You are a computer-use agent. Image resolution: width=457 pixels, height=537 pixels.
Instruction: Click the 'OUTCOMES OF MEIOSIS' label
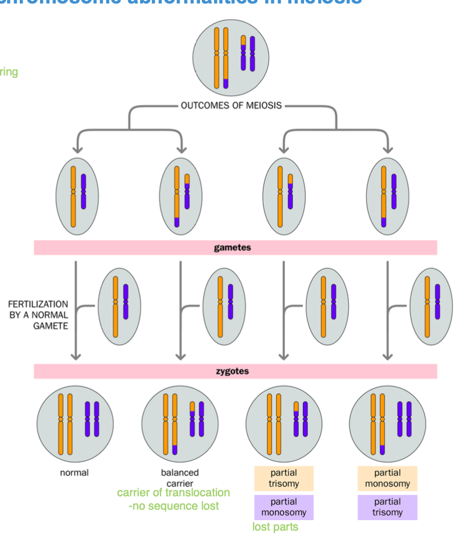[231, 106]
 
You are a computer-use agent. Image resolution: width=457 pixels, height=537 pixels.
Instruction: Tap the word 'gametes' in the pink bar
[233, 248]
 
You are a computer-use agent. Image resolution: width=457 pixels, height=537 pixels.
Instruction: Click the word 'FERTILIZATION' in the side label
[38, 304]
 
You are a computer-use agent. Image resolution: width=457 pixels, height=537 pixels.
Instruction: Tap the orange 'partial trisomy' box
[284, 478]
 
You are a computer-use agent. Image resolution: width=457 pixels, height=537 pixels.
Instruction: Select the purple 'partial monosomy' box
[284, 507]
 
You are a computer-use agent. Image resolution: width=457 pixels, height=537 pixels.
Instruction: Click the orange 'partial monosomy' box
[387, 478]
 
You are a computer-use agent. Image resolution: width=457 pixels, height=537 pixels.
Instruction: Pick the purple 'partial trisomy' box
[387, 507]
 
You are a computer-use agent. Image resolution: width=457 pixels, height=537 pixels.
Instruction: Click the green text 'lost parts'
[275, 527]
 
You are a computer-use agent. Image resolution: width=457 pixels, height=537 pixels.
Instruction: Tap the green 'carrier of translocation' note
[173, 493]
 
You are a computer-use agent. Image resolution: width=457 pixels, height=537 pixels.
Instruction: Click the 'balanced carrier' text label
[180, 478]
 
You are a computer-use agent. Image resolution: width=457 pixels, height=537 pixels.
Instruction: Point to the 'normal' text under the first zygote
[74, 472]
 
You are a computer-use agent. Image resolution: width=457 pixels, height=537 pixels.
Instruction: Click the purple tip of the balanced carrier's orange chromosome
[174, 449]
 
